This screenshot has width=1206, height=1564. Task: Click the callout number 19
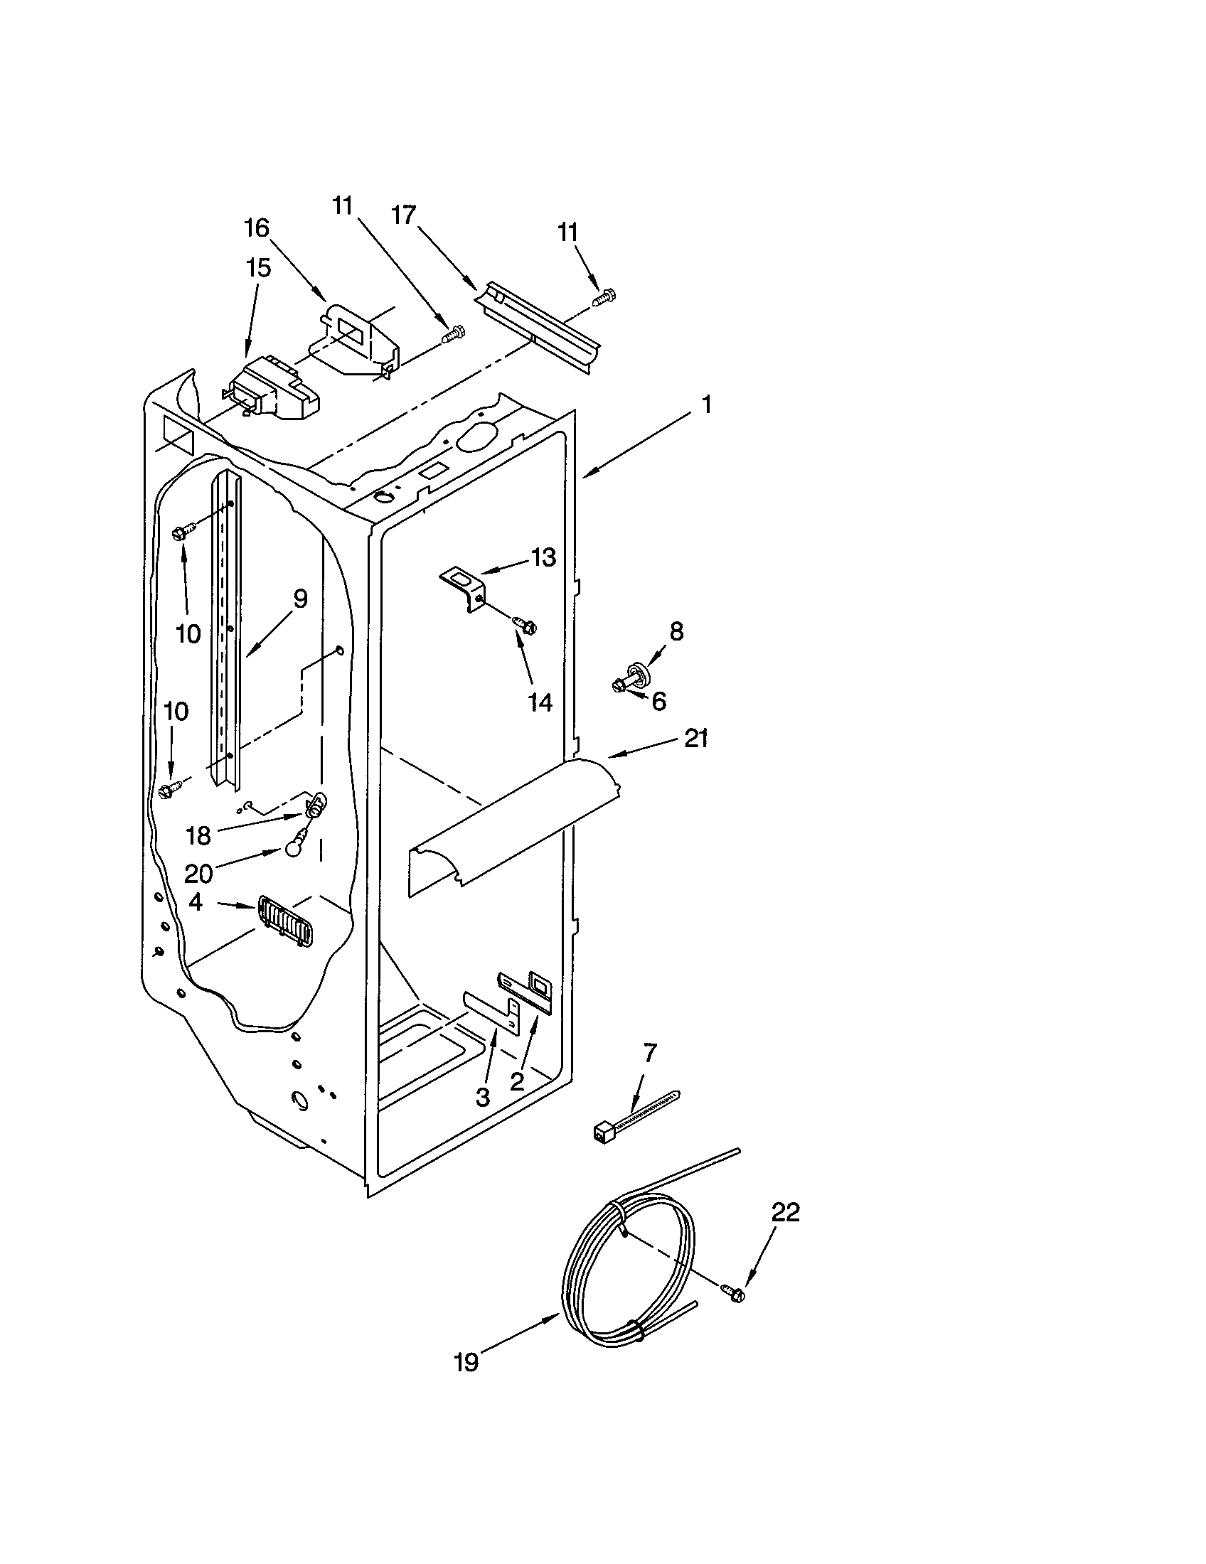coord(466,1362)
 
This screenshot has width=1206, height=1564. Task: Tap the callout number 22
coord(785,1211)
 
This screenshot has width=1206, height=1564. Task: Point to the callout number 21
coord(696,738)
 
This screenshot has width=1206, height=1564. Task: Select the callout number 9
coord(300,599)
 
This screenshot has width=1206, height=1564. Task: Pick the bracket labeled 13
coord(463,584)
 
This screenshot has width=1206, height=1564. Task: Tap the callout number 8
coord(676,631)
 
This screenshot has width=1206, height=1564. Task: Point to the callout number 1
coord(707,405)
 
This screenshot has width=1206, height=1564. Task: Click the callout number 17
coord(404,214)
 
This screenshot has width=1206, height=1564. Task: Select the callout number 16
coord(257,228)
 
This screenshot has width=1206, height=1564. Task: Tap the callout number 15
coord(259,269)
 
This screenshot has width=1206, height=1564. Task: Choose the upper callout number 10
coord(188,633)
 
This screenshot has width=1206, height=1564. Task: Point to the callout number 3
coord(483,1096)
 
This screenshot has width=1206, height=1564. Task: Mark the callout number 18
coord(198,835)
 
